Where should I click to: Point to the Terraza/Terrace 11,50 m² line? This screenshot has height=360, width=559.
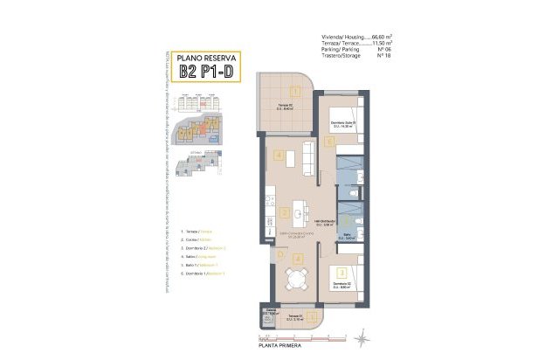tap(357, 44)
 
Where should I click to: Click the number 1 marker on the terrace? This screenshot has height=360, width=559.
tap(295, 90)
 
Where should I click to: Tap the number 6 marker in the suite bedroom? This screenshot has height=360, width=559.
tap(329, 141)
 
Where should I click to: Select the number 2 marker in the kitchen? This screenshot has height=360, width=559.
tap(285, 211)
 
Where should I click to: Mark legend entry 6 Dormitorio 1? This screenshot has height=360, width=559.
tap(203, 273)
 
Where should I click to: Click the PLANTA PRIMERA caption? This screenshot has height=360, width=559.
tap(281, 343)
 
